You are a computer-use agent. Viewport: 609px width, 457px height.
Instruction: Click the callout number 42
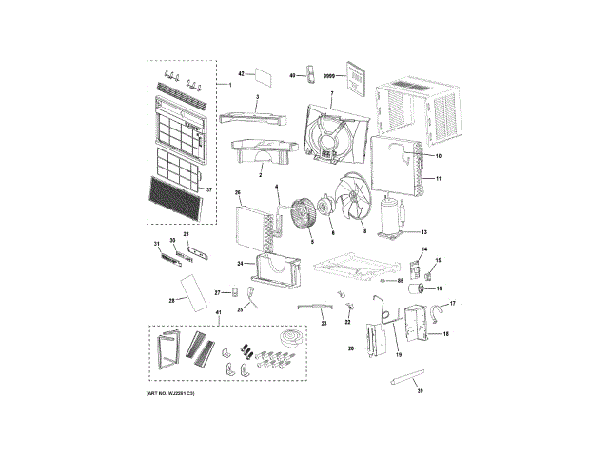pyautogui.click(x=241, y=73)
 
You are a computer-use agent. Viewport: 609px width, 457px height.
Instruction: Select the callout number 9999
pyautogui.click(x=330, y=75)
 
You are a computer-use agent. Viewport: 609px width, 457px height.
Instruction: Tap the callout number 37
pyautogui.click(x=210, y=189)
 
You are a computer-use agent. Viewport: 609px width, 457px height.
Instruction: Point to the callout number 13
pyautogui.click(x=424, y=231)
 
